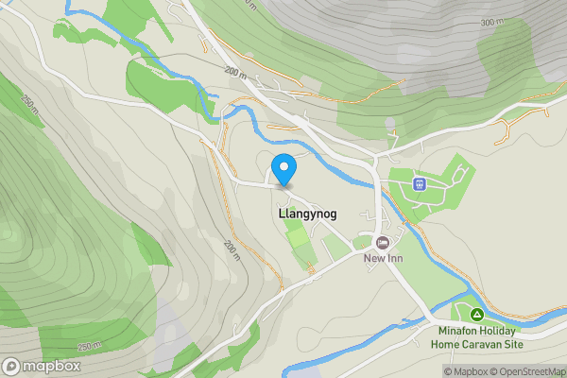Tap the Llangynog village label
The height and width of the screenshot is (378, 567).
308,215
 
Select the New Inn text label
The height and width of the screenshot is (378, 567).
384,259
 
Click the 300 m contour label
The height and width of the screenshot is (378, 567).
491,22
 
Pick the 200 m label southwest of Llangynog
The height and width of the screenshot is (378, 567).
233,249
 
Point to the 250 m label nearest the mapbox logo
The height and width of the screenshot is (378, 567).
90,346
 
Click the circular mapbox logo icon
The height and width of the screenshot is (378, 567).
11,366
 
